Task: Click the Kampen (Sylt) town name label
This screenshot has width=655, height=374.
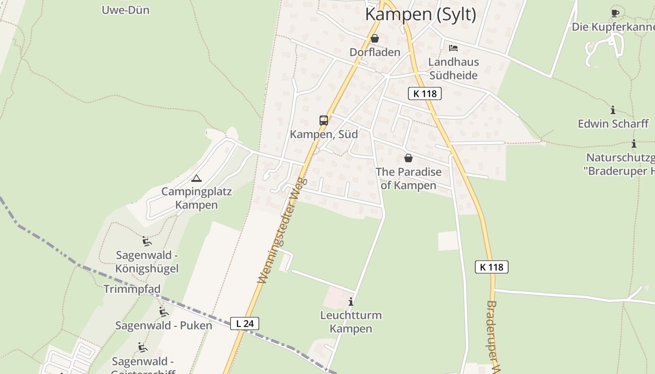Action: pos(420,14)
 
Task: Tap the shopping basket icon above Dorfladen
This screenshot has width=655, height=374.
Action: pos(375,38)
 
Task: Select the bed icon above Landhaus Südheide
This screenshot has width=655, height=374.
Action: pos(453,48)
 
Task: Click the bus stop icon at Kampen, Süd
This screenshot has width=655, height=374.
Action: pos(324,121)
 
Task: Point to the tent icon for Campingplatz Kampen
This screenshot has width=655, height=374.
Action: pos(196,178)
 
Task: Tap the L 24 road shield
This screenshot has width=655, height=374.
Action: pos(245,323)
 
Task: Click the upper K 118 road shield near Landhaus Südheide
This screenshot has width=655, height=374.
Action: pos(425,93)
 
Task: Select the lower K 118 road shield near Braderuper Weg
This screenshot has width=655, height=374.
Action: pos(492,267)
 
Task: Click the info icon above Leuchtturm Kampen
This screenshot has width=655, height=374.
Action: pos(351,302)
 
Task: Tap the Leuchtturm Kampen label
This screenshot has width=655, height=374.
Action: pos(351,322)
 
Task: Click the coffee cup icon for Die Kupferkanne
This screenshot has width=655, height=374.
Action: pos(615,13)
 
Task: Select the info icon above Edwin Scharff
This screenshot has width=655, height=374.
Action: pos(613,110)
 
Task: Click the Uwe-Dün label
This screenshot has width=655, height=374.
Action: pos(125,10)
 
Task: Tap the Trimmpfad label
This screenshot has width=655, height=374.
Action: pos(132,289)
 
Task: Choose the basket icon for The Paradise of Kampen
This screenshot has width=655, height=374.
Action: pos(408,158)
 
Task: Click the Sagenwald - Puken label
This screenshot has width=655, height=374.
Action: pos(164,325)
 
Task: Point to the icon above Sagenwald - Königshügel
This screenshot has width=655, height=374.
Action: pos(147,241)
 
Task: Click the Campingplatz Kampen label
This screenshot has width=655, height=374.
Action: pos(196,198)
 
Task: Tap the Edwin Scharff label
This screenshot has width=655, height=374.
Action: pos(613,123)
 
